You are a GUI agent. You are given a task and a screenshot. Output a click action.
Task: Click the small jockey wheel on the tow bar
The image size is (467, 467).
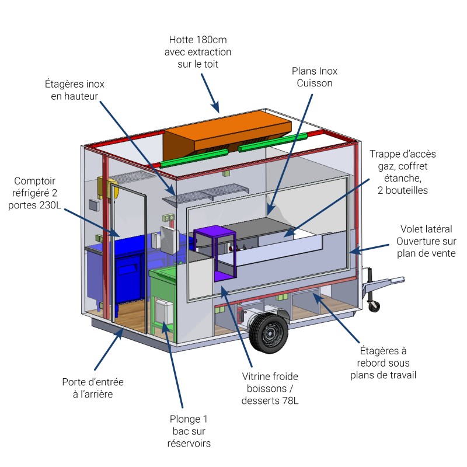(x=374, y=305)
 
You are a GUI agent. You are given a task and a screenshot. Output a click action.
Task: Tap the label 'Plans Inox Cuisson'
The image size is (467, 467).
(x=315, y=77)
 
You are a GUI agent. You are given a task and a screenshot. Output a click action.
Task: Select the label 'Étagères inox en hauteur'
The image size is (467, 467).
(x=75, y=90)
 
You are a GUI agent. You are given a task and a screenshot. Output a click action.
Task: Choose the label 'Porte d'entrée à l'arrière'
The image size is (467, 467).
(x=93, y=388)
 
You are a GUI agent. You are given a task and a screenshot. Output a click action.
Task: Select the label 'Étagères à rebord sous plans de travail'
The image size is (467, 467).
(x=383, y=363)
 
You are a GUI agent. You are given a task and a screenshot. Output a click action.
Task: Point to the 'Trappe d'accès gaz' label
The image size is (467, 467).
(x=403, y=172)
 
